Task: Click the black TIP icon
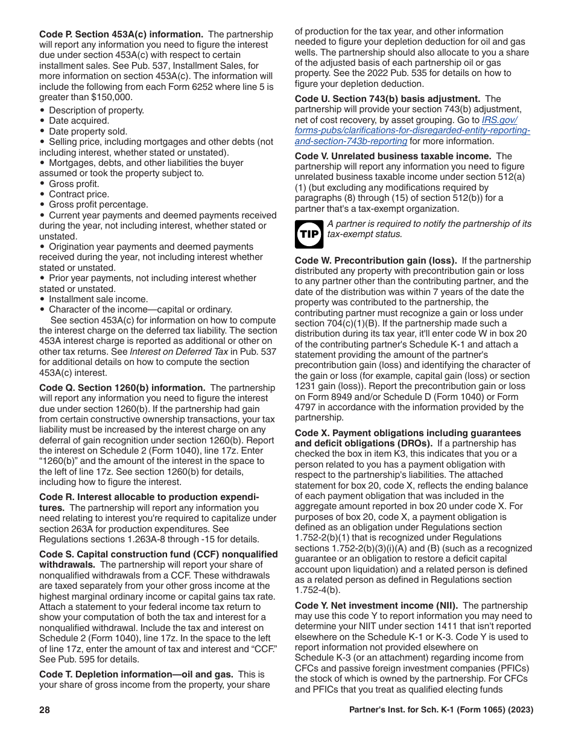[x=309, y=234]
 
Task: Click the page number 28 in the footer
[x=45, y=710]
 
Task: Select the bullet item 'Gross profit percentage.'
[x=98, y=205]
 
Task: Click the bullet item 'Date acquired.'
[x=79, y=121]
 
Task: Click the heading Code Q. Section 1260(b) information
[x=122, y=388]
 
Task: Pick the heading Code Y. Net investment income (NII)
[x=376, y=605]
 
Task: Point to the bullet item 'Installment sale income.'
[x=98, y=299]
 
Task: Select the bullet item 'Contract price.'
[x=79, y=194]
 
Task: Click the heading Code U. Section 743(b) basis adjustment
[x=387, y=98]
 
